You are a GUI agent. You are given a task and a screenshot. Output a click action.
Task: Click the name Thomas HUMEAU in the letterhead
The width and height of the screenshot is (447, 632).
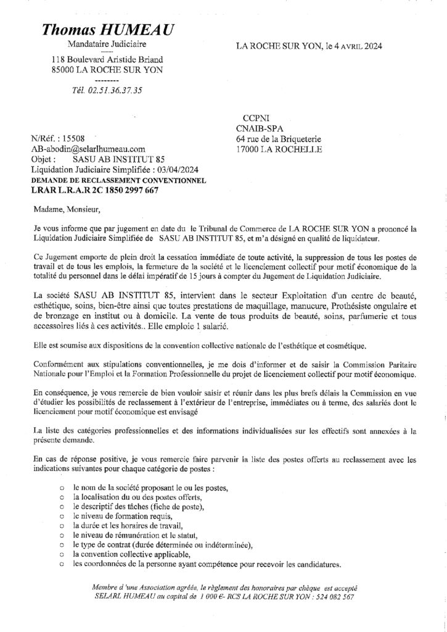point(108,31)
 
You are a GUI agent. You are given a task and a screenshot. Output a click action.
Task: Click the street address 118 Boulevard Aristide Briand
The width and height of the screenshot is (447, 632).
point(107,60)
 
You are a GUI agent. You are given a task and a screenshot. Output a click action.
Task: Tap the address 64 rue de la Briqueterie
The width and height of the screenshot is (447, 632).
point(279,139)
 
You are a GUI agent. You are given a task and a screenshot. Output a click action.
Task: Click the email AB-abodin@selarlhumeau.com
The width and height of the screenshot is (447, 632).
point(88,149)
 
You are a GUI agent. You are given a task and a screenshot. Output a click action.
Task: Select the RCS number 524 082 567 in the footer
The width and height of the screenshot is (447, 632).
point(331,598)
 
